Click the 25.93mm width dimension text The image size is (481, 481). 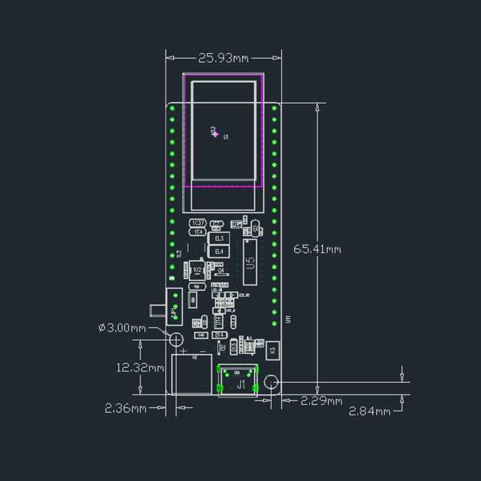pyautogui.click(x=223, y=58)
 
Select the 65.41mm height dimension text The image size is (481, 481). pyautogui.click(x=317, y=249)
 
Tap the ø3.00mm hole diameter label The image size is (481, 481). pyautogui.click(x=122, y=327)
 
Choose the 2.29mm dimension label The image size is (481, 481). pyautogui.click(x=321, y=401)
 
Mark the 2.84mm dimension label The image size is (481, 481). pyautogui.click(x=369, y=411)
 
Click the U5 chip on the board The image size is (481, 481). pyautogui.click(x=250, y=262)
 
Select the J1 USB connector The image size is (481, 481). pyautogui.click(x=240, y=384)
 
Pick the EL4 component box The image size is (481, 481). pyautogui.click(x=219, y=251)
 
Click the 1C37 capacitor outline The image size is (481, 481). pyautogui.click(x=198, y=223)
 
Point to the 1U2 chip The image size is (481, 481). pyautogui.click(x=197, y=270)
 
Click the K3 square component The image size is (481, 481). pyautogui.click(x=273, y=350)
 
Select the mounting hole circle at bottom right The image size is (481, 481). pyautogui.click(x=271, y=383)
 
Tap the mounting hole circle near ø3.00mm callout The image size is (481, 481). pyautogui.click(x=174, y=338)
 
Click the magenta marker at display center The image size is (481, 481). pyautogui.click(x=215, y=133)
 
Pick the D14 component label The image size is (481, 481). pyautogui.click(x=219, y=335)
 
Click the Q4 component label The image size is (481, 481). pyautogui.click(x=221, y=271)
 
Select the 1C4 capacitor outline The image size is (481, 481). pyautogui.click(x=198, y=232)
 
